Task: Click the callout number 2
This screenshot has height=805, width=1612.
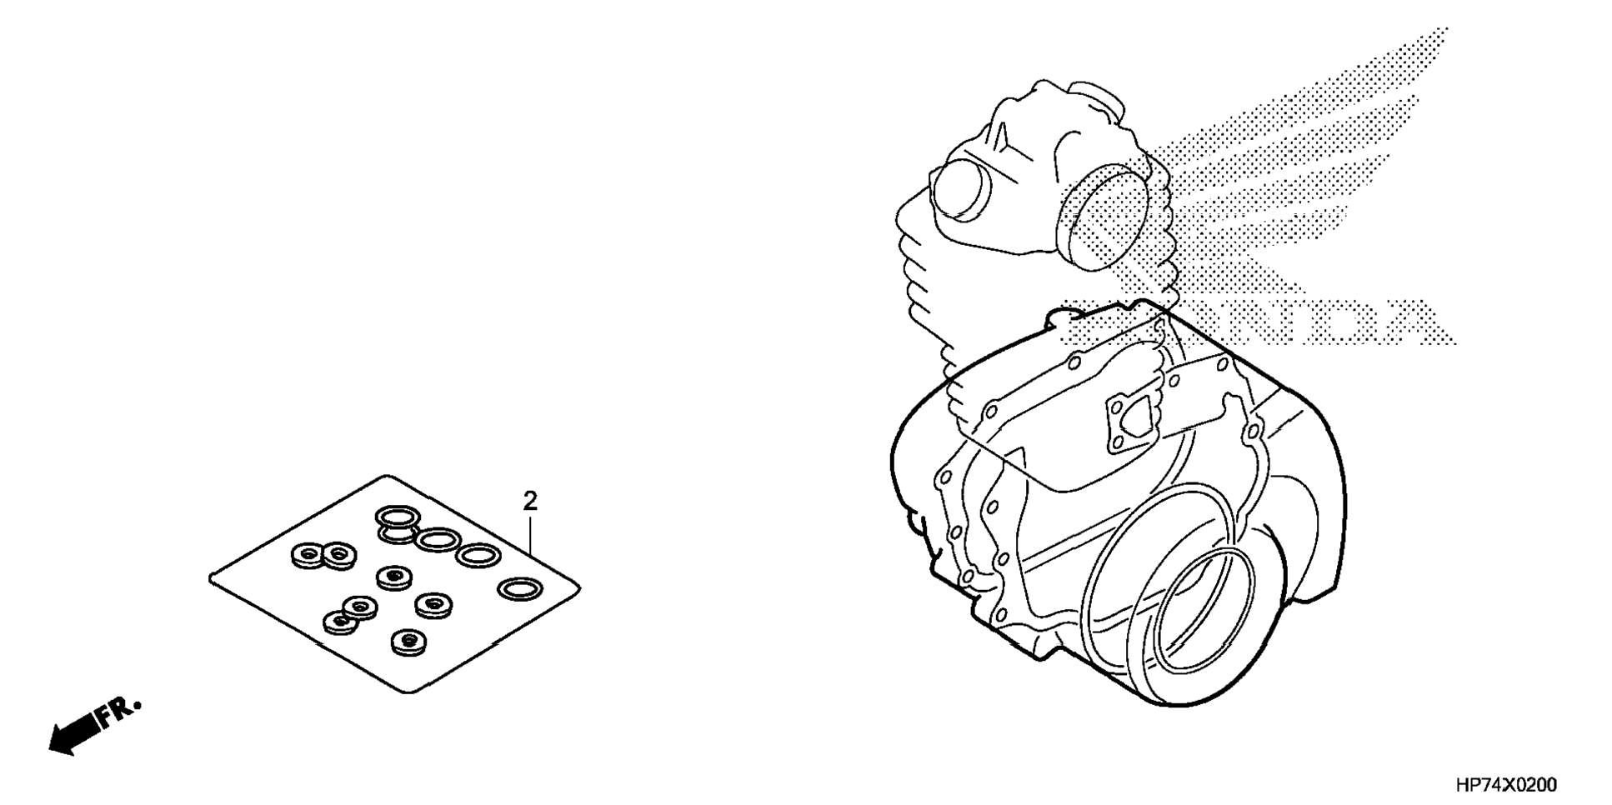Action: (x=530, y=501)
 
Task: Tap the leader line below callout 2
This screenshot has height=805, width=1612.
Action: (x=531, y=535)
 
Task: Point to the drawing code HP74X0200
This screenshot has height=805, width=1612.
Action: (x=1505, y=785)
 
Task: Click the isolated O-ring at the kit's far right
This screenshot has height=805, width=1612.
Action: (x=520, y=589)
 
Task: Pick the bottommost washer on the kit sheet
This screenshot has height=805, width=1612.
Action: (x=408, y=640)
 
